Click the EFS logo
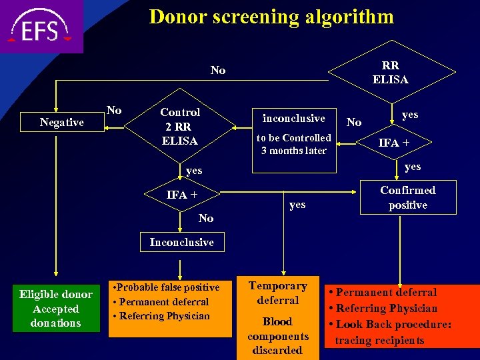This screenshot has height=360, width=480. coord(41,27)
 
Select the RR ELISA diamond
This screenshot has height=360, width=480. coord(390,72)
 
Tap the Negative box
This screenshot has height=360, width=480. coord(62,122)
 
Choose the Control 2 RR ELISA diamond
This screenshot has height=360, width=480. coord(180,127)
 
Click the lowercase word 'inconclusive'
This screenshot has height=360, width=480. coord(294,118)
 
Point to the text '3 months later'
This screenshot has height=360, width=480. coord(294,151)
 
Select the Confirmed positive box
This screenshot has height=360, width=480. coord(407,197)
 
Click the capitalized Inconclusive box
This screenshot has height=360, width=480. coord(181,242)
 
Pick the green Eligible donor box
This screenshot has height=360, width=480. coord(55,309)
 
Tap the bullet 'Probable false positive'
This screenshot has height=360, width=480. coord(166,287)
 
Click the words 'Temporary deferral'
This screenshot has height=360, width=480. coord(277,293)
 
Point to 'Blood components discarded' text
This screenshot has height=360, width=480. coord(277,336)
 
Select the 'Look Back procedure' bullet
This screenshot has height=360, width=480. coord(391,324)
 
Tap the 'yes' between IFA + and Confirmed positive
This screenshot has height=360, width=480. coord(297,204)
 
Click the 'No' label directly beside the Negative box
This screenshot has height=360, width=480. coord(115,111)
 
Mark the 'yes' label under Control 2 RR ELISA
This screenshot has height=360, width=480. coord(194,171)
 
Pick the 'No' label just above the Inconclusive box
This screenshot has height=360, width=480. coord(206,218)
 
